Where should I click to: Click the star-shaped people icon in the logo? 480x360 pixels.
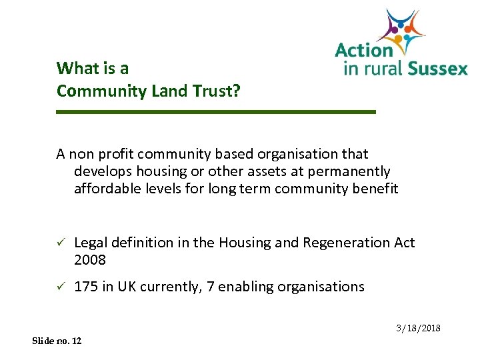[x=401, y=29]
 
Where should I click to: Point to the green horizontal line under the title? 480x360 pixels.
[x=216, y=112]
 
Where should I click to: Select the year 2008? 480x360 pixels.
[x=90, y=260]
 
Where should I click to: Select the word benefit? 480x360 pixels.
[x=375, y=189]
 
